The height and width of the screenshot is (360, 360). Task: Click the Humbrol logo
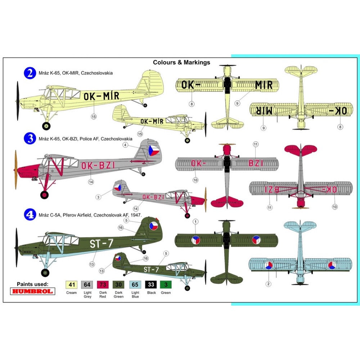[37, 291]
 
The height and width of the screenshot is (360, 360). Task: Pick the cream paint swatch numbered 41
[72, 284]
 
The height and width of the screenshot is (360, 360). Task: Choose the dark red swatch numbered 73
[103, 284]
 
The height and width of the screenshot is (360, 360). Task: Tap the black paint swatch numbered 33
[151, 284]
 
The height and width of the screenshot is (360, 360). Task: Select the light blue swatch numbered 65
[135, 284]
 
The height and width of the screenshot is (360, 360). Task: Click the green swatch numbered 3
[166, 284]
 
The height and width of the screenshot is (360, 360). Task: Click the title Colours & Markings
[181, 62]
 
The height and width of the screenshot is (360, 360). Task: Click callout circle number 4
[125, 145]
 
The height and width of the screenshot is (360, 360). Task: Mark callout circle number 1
[195, 221]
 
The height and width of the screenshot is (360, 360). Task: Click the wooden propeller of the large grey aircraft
[16, 170]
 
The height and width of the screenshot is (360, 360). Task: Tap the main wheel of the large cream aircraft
[46, 126]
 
